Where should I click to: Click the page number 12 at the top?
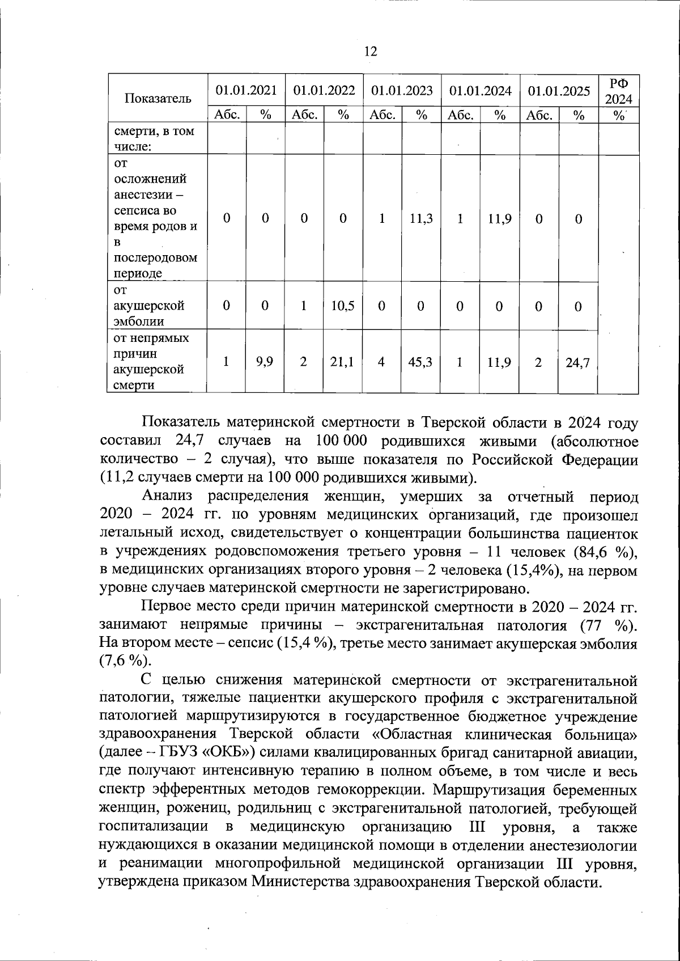pyautogui.click(x=370, y=52)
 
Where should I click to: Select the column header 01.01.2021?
pyautogui.click(x=246, y=91)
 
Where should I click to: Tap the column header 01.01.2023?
pyautogui.click(x=402, y=91)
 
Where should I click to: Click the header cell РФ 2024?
pyautogui.click(x=618, y=91)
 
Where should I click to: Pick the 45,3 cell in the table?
pyautogui.click(x=421, y=361)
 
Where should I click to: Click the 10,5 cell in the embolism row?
pyautogui.click(x=343, y=306)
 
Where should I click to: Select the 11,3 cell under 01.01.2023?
pyautogui.click(x=421, y=218)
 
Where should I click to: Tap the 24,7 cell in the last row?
pyautogui.click(x=577, y=362)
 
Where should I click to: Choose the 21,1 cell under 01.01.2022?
pyautogui.click(x=343, y=361)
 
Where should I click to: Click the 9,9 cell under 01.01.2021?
pyautogui.click(x=265, y=361)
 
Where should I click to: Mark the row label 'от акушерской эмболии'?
pyautogui.click(x=149, y=306)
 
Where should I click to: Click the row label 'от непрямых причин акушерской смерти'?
pyautogui.click(x=152, y=361)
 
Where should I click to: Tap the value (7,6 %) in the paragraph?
pyautogui.click(x=125, y=661)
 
